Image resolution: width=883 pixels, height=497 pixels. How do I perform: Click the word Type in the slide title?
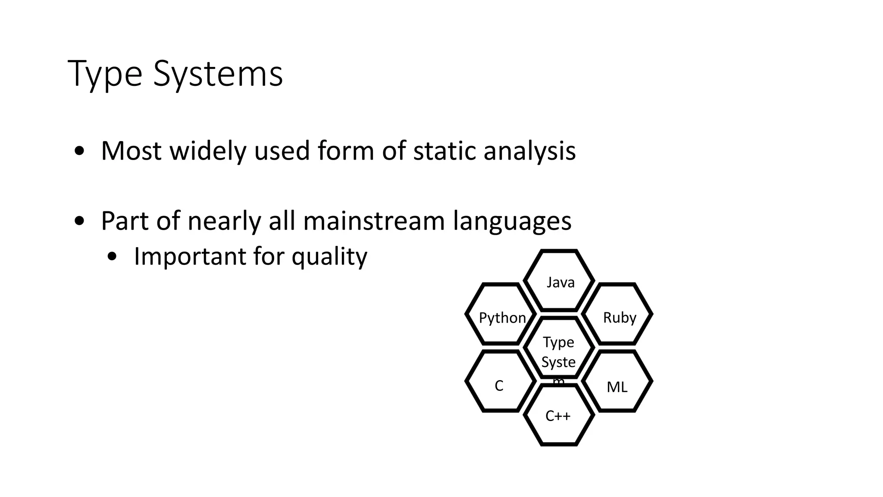tap(105, 74)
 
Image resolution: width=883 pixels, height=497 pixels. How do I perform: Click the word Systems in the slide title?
tap(218, 74)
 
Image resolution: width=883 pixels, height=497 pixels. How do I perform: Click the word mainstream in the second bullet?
tap(374, 221)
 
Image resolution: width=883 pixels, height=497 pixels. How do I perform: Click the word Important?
tap(190, 256)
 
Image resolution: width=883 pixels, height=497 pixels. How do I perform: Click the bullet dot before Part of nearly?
tap(79, 221)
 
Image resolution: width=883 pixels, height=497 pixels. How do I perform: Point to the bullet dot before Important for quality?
tap(112, 257)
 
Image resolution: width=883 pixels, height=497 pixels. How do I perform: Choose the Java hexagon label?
tap(560, 283)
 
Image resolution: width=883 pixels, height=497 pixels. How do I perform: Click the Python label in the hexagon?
tap(502, 318)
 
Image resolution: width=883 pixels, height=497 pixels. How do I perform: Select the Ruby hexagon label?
tap(620, 318)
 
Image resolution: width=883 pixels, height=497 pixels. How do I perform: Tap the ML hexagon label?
tap(617, 387)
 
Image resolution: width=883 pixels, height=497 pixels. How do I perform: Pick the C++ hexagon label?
tap(558, 416)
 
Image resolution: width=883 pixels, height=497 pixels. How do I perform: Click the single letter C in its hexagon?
tap(499, 386)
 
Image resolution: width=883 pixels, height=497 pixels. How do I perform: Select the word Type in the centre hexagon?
tap(558, 342)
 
